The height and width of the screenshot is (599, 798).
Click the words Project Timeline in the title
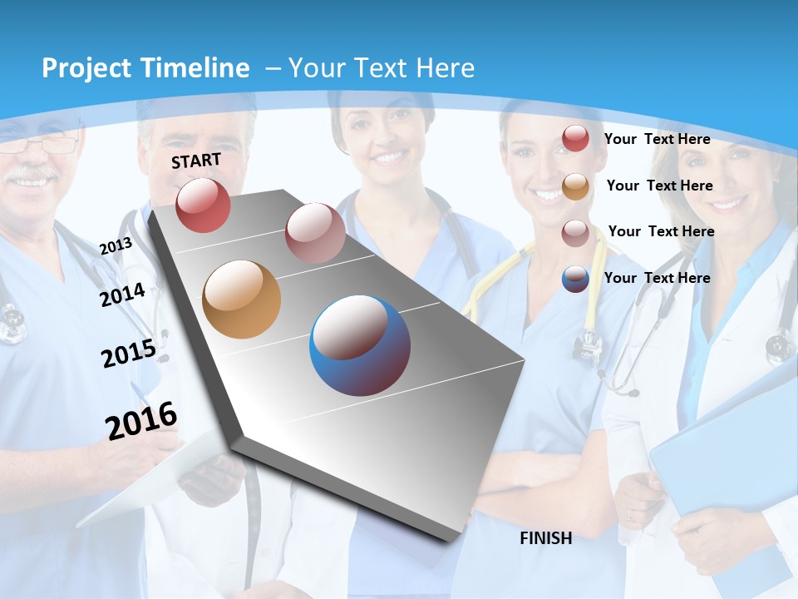145,68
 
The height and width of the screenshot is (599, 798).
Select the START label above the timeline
196,161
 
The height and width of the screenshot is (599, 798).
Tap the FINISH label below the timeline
545,538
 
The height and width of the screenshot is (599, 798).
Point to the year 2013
116,246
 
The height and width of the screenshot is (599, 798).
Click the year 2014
122,295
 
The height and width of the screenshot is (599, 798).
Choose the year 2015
128,354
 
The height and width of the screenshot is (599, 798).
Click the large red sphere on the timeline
203,205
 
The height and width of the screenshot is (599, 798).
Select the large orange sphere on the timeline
241,299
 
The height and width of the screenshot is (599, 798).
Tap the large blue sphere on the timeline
360,345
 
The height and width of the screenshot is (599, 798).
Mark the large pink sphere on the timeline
315,233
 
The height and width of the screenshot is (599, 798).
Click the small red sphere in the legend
575,139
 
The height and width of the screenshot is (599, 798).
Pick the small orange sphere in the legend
575,186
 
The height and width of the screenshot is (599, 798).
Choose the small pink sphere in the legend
575,233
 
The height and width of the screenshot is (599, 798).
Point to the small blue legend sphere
575,279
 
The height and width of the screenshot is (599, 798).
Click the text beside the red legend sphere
657,139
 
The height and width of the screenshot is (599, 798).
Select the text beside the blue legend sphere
657,278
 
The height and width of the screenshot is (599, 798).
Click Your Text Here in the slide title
381,68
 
